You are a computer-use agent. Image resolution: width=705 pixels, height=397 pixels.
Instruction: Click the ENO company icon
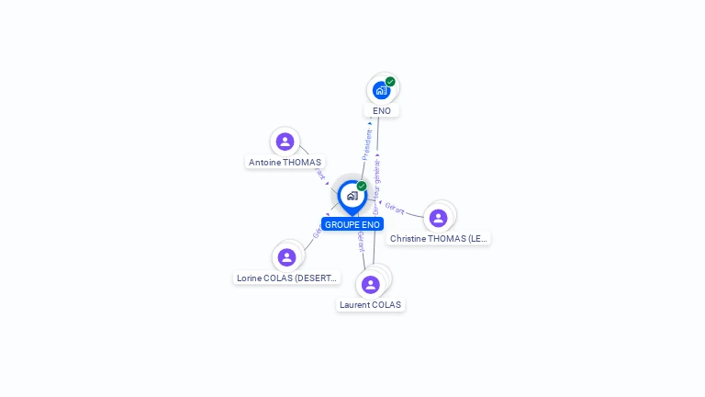coord(381,90)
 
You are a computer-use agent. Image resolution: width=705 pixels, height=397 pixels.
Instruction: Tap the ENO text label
coord(382,111)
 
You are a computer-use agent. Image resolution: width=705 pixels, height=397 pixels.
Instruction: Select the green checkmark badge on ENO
coord(390,82)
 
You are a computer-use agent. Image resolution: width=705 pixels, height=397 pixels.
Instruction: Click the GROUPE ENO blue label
coord(352,224)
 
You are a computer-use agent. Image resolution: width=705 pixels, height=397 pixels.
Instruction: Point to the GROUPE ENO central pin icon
coord(352,196)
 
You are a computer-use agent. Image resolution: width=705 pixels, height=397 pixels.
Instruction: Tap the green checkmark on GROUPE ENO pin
coord(362,187)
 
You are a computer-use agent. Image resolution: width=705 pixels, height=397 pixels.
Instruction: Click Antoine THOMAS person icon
coord(285,142)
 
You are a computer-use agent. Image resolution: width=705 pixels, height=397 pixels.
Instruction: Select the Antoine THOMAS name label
coord(285,163)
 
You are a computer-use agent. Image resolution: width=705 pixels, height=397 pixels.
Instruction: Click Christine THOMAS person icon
coord(438,218)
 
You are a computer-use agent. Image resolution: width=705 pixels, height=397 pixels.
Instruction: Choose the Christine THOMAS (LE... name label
coord(438,239)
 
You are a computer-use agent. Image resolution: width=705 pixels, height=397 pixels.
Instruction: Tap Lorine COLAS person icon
coord(286,257)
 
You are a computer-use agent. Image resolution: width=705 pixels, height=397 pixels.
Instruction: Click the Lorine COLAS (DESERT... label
coord(286,278)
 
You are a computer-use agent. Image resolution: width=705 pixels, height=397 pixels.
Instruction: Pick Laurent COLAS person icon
coord(370,284)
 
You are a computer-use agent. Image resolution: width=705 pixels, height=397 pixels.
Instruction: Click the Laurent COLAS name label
coord(370,305)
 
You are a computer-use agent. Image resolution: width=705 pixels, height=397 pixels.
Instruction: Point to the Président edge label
coord(367,144)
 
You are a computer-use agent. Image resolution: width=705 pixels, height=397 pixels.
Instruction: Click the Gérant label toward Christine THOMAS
coord(395,208)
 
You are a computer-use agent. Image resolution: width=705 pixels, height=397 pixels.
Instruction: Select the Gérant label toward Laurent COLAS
coord(361,241)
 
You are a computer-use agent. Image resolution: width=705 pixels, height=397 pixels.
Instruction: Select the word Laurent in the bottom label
coord(354,305)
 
